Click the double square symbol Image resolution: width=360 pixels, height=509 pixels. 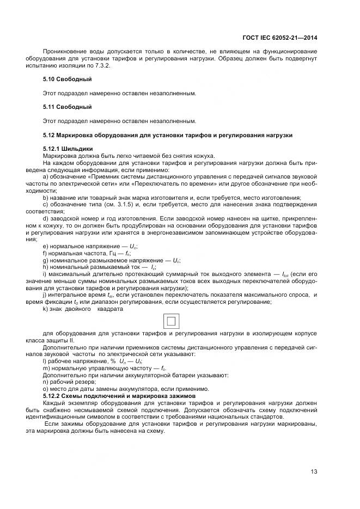click(171, 322)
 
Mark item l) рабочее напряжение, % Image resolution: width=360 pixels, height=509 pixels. click(84, 361)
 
